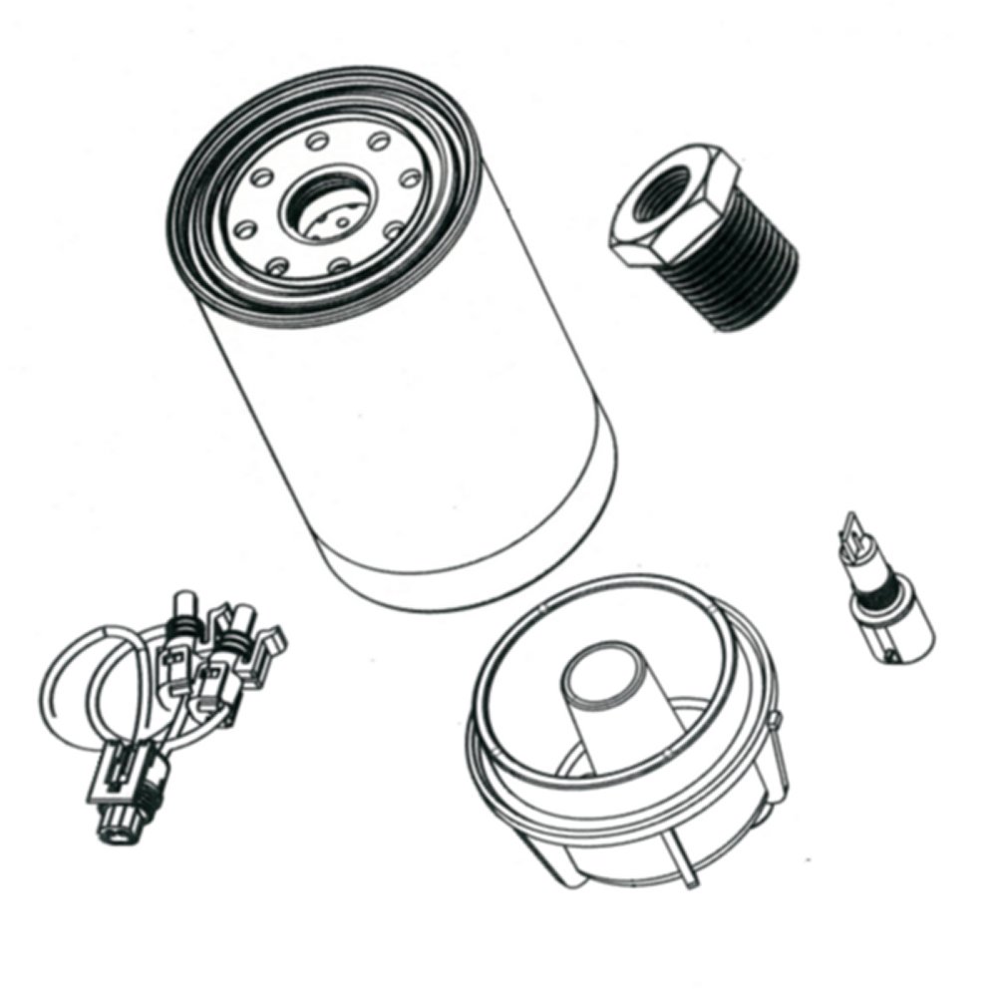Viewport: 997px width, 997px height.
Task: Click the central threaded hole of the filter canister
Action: (x=322, y=206)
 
